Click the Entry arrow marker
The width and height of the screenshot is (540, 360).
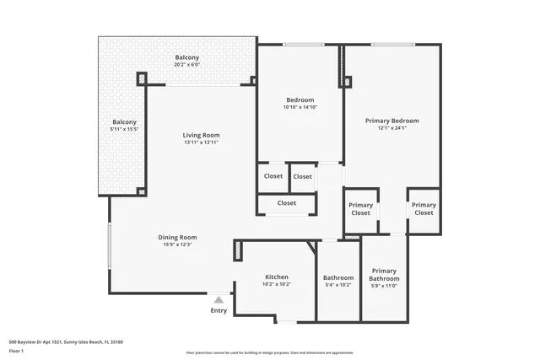(219, 299)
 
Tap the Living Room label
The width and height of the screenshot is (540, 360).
(201, 135)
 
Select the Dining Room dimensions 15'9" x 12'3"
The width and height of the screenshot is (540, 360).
(177, 244)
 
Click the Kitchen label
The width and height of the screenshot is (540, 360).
(277, 277)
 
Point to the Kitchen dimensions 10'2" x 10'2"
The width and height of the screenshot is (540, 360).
(277, 284)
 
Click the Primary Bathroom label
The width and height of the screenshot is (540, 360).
(384, 275)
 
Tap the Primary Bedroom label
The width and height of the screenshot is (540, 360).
(391, 121)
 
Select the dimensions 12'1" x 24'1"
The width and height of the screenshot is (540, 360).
(391, 129)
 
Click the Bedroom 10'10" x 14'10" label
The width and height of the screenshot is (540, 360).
(300, 103)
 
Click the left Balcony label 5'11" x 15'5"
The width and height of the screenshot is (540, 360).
(124, 126)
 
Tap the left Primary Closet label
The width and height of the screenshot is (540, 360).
(360, 208)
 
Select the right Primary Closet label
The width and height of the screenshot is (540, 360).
(424, 208)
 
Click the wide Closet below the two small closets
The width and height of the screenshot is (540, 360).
(286, 203)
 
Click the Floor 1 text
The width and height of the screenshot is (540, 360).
(17, 351)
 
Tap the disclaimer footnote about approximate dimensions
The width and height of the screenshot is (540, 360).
(270, 352)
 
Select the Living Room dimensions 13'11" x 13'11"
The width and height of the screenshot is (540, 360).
(201, 142)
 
